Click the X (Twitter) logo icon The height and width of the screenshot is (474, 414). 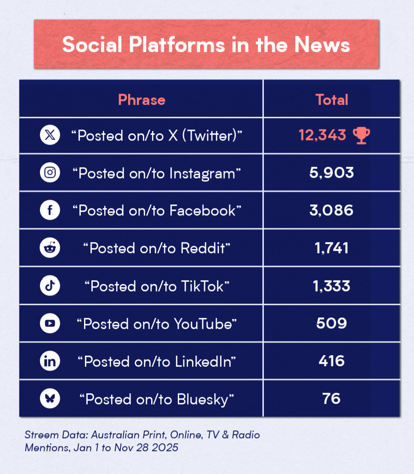point(50,135)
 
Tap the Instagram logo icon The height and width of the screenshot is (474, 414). point(50,173)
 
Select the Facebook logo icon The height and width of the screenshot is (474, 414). point(50,211)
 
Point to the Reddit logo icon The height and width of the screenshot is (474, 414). point(50,248)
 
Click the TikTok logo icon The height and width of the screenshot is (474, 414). point(50,286)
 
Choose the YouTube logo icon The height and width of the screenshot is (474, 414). point(50,324)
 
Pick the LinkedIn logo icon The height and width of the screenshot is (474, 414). point(50,361)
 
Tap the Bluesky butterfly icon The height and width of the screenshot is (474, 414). point(50,399)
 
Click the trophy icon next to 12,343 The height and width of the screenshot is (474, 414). point(361,135)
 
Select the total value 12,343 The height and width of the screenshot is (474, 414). point(322,135)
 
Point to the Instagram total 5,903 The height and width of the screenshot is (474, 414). point(331,173)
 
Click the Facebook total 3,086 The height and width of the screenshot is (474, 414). point(331,210)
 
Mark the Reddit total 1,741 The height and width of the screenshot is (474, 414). point(331,248)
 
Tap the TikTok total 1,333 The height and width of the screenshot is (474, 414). point(331,286)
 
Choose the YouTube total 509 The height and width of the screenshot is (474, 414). point(331,323)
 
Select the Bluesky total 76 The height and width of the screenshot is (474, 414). point(331,398)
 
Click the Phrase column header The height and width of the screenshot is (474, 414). point(142,100)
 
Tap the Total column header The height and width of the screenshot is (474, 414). point(331,100)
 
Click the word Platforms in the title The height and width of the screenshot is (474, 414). point(176,45)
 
